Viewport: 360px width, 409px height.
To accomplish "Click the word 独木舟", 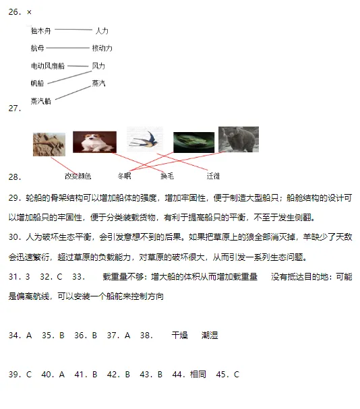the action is click(x=40, y=30).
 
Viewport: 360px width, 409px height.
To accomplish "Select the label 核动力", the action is click(x=102, y=49).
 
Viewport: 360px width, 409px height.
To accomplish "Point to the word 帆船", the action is click(x=37, y=84).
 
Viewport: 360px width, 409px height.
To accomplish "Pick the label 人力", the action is click(x=101, y=31).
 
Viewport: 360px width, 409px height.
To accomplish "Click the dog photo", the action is click(x=94, y=142).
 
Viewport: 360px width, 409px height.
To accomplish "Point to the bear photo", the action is click(x=238, y=139).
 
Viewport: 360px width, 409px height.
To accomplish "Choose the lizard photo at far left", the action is click(x=49, y=144).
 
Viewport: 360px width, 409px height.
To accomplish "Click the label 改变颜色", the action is click(x=78, y=176).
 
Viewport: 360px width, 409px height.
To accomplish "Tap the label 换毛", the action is click(x=167, y=176).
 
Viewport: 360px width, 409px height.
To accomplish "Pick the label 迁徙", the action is click(x=213, y=176).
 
